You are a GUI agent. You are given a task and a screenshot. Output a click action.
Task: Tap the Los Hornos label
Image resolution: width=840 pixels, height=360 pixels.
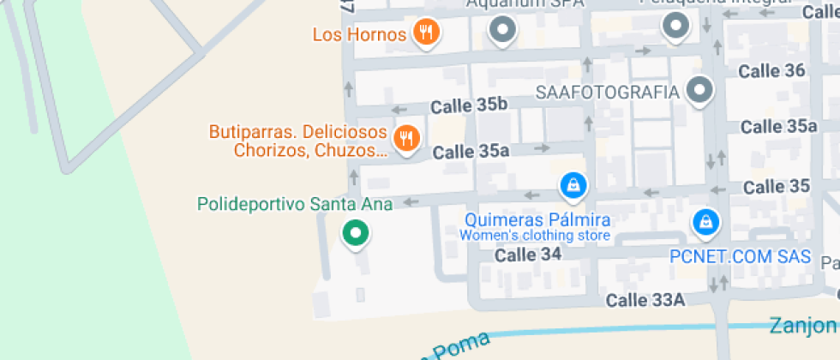pyautogui.click(x=359, y=35)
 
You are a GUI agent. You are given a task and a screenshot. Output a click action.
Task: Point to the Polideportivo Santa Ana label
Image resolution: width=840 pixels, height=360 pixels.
pyautogui.click(x=295, y=204)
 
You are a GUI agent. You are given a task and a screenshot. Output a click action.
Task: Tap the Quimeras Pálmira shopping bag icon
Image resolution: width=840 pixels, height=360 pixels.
pyautogui.click(x=572, y=183)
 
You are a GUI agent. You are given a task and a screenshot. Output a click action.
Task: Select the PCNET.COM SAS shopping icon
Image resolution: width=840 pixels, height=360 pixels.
pyautogui.click(x=705, y=221)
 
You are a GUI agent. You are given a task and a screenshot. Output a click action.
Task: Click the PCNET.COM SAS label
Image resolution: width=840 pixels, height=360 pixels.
pyautogui.click(x=740, y=256)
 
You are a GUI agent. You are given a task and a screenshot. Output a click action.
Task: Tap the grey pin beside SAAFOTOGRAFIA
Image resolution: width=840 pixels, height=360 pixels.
pyautogui.click(x=701, y=89)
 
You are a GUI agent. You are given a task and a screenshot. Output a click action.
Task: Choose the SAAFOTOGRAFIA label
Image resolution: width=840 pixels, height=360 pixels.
pyautogui.click(x=607, y=92)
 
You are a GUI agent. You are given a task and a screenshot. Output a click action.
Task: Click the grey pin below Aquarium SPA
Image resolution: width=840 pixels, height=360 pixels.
pyautogui.click(x=502, y=31)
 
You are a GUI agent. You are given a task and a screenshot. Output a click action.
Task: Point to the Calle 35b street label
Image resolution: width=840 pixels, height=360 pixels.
pyautogui.click(x=469, y=106)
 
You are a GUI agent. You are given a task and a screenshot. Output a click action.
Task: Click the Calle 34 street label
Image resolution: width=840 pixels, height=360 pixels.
pyautogui.click(x=528, y=255)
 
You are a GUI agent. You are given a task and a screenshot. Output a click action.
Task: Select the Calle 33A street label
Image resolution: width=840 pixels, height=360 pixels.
pyautogui.click(x=645, y=300)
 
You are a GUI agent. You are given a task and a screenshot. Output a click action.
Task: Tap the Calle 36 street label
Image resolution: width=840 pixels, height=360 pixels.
pyautogui.click(x=773, y=70)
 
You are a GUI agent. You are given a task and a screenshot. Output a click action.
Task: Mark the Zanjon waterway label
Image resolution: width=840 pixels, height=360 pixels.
pyautogui.click(x=802, y=325)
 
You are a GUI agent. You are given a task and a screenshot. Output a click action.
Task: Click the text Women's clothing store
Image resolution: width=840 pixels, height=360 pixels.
pyautogui.click(x=535, y=236)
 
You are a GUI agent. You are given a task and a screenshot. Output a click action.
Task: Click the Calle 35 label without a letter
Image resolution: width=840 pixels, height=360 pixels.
pyautogui.click(x=777, y=186)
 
